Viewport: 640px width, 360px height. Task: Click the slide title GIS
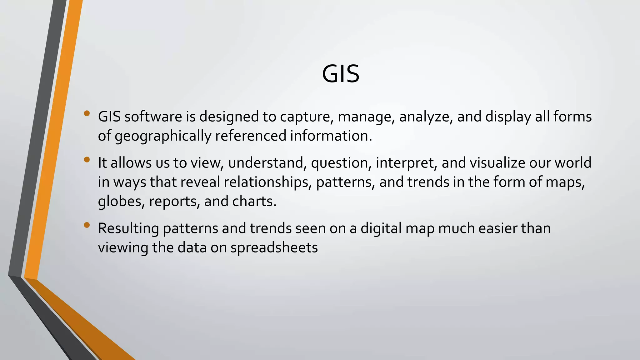click(341, 74)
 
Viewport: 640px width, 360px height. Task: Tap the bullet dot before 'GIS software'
click(87, 113)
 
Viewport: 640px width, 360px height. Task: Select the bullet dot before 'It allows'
click(87, 160)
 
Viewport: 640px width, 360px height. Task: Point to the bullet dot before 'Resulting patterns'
click(87, 225)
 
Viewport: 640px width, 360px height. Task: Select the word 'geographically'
click(163, 136)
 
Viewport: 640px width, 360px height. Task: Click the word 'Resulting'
click(128, 229)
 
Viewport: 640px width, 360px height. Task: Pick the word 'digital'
click(381, 228)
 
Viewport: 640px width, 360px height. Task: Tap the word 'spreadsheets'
click(274, 248)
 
